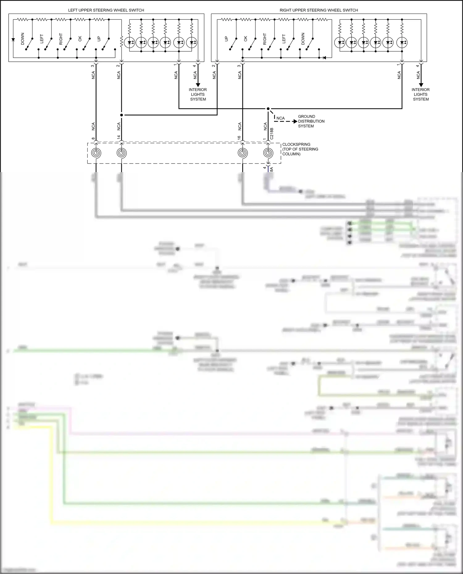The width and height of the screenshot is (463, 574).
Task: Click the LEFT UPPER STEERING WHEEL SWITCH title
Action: pyautogui.click(x=106, y=10)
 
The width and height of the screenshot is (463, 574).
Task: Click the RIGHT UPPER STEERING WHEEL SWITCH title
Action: pyautogui.click(x=319, y=10)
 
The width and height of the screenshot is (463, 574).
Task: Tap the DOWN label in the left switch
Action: pyautogui.click(x=23, y=39)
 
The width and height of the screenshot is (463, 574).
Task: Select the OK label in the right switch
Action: pyautogui.click(x=246, y=39)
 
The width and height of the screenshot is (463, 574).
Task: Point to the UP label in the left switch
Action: pyautogui.click(x=99, y=39)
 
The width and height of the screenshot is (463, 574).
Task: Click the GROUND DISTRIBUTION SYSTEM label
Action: pyautogui.click(x=311, y=121)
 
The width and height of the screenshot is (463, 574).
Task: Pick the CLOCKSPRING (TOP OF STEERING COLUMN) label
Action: pyautogui.click(x=300, y=149)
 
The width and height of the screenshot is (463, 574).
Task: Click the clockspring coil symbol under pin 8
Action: pyautogui.click(x=96, y=153)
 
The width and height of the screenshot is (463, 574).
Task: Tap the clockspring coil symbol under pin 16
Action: pyautogui.click(x=243, y=153)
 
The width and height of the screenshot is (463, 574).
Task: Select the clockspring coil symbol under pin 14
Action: pyautogui.click(x=121, y=153)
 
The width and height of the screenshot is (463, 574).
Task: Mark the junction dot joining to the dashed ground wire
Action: pyautogui.click(x=268, y=109)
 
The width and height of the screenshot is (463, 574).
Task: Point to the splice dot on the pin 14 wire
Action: pyautogui.click(x=121, y=115)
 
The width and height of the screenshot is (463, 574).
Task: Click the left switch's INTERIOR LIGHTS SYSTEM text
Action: pyautogui.click(x=198, y=94)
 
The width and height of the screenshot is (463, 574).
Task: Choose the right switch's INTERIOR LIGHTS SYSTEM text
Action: pyautogui.click(x=421, y=94)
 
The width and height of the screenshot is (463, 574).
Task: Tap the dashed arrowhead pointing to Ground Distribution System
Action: pyautogui.click(x=295, y=122)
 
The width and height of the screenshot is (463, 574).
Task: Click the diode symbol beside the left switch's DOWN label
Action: pyautogui.click(x=13, y=40)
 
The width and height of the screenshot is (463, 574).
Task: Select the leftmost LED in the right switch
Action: pyautogui.click(x=340, y=42)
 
